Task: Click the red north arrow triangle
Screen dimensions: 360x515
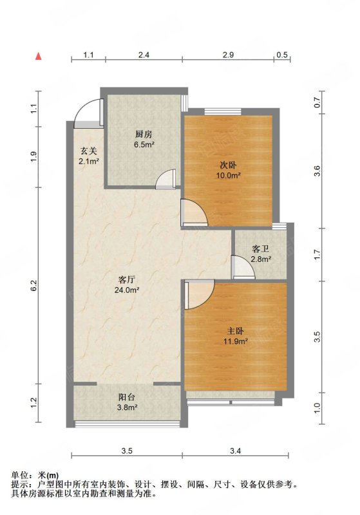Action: [x=39, y=56]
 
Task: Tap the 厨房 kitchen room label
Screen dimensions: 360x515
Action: [x=144, y=135]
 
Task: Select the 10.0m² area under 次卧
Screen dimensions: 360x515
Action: [x=228, y=175]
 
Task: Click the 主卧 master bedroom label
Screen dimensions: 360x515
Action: [x=235, y=331]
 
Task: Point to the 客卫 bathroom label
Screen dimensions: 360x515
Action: [x=260, y=248]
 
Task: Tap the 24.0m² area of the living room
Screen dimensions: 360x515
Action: [x=127, y=290]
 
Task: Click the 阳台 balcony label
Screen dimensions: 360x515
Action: [x=127, y=397]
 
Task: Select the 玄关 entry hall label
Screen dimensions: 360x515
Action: [x=89, y=151]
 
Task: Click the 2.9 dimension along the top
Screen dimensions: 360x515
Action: [x=228, y=55]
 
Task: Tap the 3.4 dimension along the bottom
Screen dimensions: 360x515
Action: [x=236, y=451]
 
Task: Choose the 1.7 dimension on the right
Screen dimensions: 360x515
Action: [x=317, y=254]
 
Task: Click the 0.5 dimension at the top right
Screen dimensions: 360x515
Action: [x=282, y=55]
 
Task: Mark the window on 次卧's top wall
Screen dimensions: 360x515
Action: [x=223, y=111]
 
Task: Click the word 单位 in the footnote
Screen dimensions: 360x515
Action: [x=20, y=475]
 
